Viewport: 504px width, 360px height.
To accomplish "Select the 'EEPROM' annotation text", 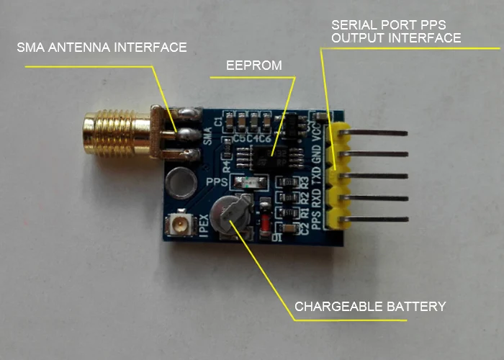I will pos(254,66).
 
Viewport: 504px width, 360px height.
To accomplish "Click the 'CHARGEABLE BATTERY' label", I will pos(370,307).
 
